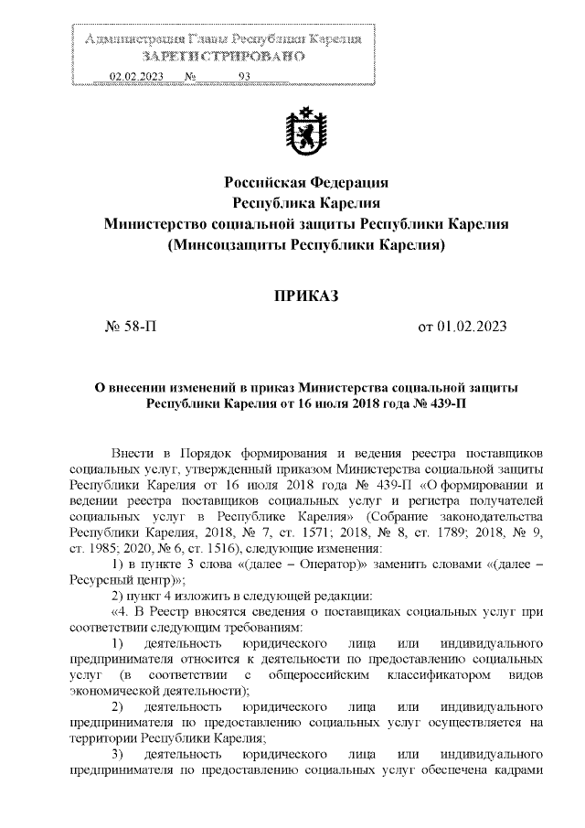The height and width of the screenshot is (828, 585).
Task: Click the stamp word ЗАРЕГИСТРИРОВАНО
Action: (223, 56)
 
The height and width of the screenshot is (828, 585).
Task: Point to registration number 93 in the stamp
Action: (244, 77)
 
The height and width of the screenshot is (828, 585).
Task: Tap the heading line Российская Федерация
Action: (306, 181)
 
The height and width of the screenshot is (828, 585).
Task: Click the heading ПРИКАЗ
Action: (306, 295)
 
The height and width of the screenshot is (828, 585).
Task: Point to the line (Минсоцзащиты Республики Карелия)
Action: (306, 246)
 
